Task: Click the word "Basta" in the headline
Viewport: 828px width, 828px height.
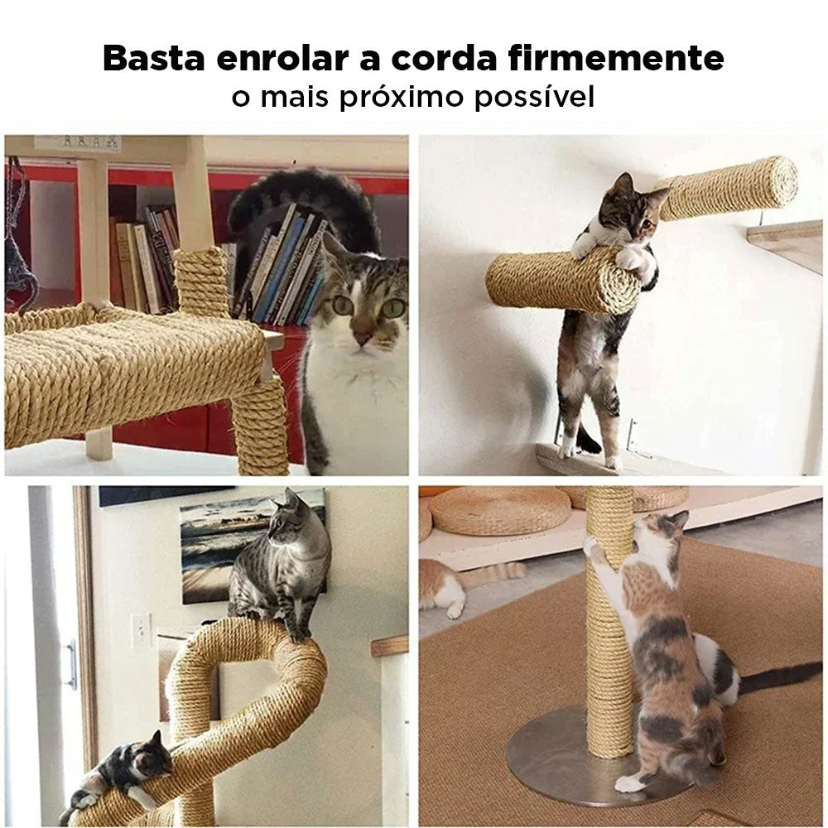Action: click(154, 58)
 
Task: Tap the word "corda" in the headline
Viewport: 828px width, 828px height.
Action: click(444, 58)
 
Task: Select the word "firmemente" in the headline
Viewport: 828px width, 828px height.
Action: click(616, 58)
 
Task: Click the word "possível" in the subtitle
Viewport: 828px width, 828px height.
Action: click(534, 97)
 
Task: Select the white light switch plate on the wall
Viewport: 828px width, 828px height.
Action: click(142, 630)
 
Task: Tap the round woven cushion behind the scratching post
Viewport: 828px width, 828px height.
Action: click(499, 511)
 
